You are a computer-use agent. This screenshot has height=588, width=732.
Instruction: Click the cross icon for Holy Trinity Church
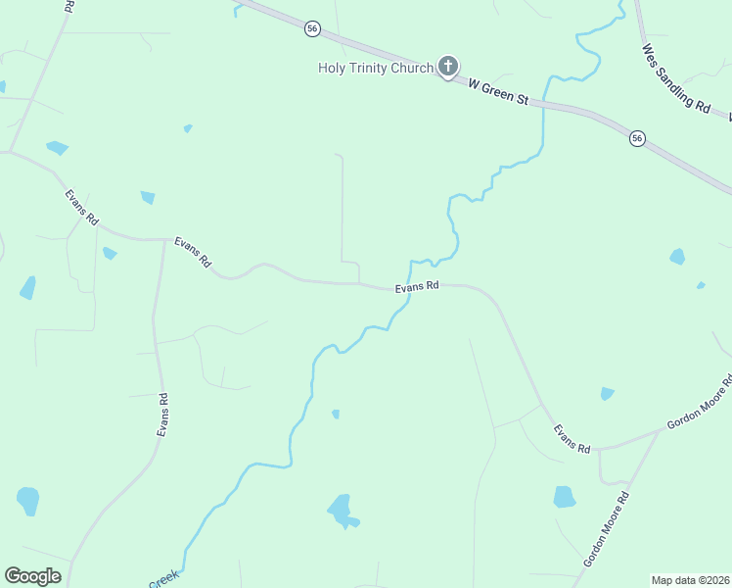click(448, 67)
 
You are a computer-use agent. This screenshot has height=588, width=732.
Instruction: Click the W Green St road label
click(498, 94)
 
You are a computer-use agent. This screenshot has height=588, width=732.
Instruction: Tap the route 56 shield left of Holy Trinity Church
click(312, 29)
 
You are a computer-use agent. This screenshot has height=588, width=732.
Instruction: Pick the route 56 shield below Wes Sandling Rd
click(637, 138)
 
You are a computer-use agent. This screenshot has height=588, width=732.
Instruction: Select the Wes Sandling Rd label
click(675, 77)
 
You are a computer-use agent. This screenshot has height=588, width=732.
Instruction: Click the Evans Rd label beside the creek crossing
click(417, 288)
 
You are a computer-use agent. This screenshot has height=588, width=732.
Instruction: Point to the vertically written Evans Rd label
click(163, 415)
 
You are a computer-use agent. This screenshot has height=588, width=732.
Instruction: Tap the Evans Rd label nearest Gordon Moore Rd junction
click(572, 438)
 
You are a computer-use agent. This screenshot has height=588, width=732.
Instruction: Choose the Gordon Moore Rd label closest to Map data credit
click(606, 530)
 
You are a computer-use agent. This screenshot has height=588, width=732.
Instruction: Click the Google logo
click(32, 576)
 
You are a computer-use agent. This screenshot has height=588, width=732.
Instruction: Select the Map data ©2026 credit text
click(691, 580)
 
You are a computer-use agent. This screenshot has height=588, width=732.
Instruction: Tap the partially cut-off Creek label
click(162, 579)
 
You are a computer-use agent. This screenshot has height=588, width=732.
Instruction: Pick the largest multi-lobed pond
click(342, 511)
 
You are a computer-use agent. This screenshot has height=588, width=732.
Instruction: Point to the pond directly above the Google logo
click(27, 501)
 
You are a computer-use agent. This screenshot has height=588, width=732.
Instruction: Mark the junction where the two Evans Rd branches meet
click(164, 239)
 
